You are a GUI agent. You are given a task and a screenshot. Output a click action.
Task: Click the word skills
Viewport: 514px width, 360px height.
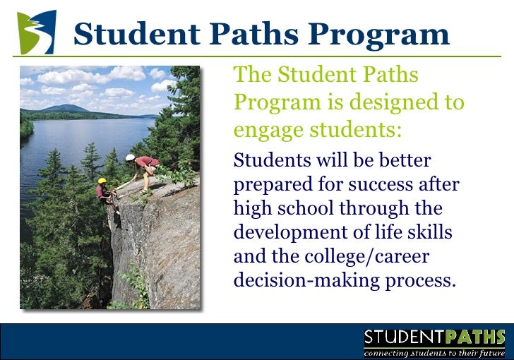coord(426,233)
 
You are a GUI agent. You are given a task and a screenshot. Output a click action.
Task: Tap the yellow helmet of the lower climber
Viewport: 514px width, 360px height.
coord(102,181)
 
